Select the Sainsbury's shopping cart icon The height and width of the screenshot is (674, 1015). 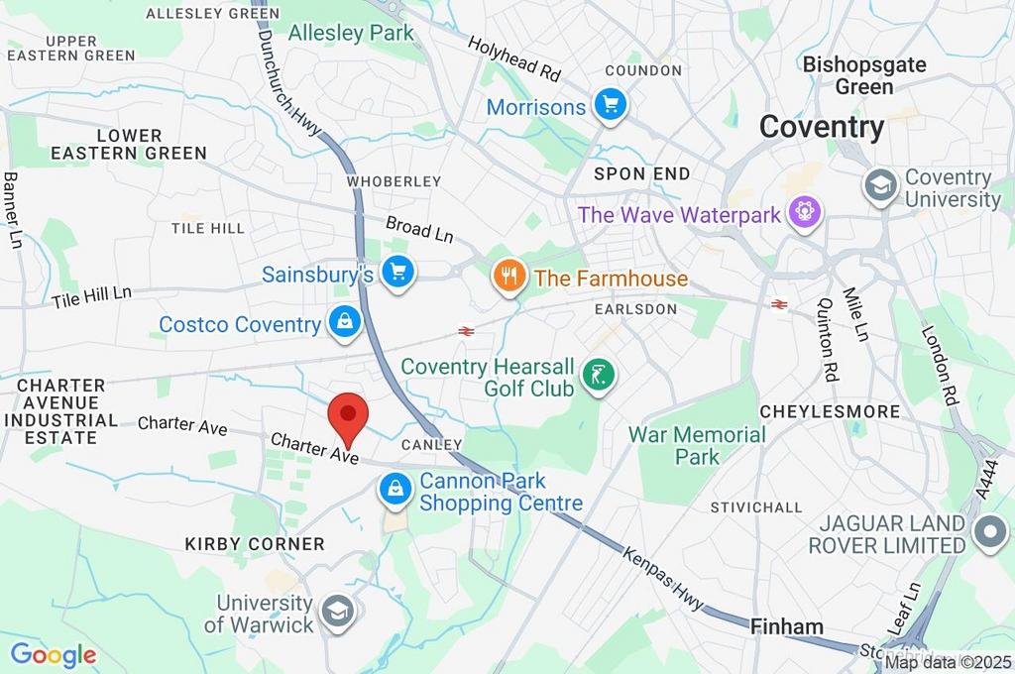click(398, 271)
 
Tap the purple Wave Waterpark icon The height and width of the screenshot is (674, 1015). click(803, 211)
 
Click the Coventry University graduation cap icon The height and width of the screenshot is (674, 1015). click(879, 185)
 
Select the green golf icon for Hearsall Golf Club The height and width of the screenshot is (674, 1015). click(598, 375)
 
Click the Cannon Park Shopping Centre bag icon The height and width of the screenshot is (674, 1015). click(395, 489)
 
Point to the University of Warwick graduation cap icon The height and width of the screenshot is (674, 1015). click(338, 610)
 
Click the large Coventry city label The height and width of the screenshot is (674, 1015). click(822, 127)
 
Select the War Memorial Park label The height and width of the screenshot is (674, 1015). click(697, 446)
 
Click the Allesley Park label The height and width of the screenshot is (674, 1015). click(351, 33)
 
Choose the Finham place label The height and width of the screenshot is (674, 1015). click(787, 626)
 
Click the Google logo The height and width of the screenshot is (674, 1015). click(54, 654)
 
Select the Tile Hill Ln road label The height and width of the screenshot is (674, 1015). click(91, 296)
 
